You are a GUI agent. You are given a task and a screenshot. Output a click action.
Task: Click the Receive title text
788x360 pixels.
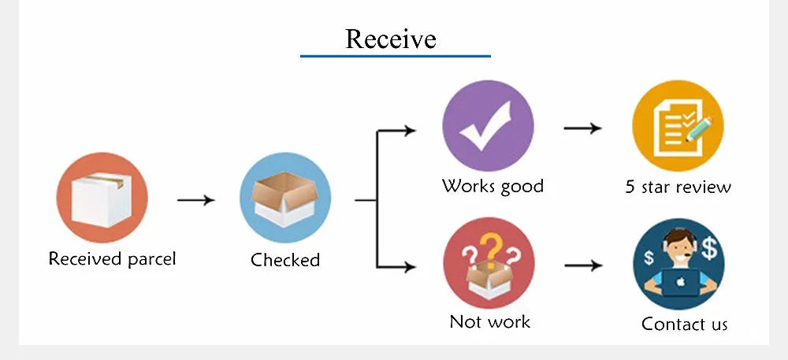(391, 38)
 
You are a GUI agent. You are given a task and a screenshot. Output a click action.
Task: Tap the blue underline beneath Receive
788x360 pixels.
(395, 56)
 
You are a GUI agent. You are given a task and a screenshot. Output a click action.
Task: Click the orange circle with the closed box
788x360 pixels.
(102, 197)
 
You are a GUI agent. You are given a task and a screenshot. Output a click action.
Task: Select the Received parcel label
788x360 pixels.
(112, 259)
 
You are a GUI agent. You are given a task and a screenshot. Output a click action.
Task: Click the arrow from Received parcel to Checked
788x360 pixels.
(195, 200)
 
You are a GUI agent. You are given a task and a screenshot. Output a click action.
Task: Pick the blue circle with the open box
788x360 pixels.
(285, 198)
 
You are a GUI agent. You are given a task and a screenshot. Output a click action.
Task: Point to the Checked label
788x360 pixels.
(285, 260)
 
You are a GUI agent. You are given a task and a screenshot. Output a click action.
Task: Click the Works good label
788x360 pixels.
(492, 186)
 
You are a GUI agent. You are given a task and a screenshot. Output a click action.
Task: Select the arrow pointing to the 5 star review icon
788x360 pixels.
(583, 128)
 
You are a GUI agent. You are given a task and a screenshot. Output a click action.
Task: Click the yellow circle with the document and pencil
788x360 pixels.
(678, 126)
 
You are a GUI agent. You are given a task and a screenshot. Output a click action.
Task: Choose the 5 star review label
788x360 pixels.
(678, 187)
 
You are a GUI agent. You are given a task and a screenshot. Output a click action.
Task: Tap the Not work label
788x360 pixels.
(489, 321)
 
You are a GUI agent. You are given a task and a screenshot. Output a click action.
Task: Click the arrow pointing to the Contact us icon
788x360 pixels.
(583, 265)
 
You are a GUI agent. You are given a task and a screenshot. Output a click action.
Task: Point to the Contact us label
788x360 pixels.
(684, 324)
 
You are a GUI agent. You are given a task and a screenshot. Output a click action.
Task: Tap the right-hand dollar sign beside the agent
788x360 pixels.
(711, 248)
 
